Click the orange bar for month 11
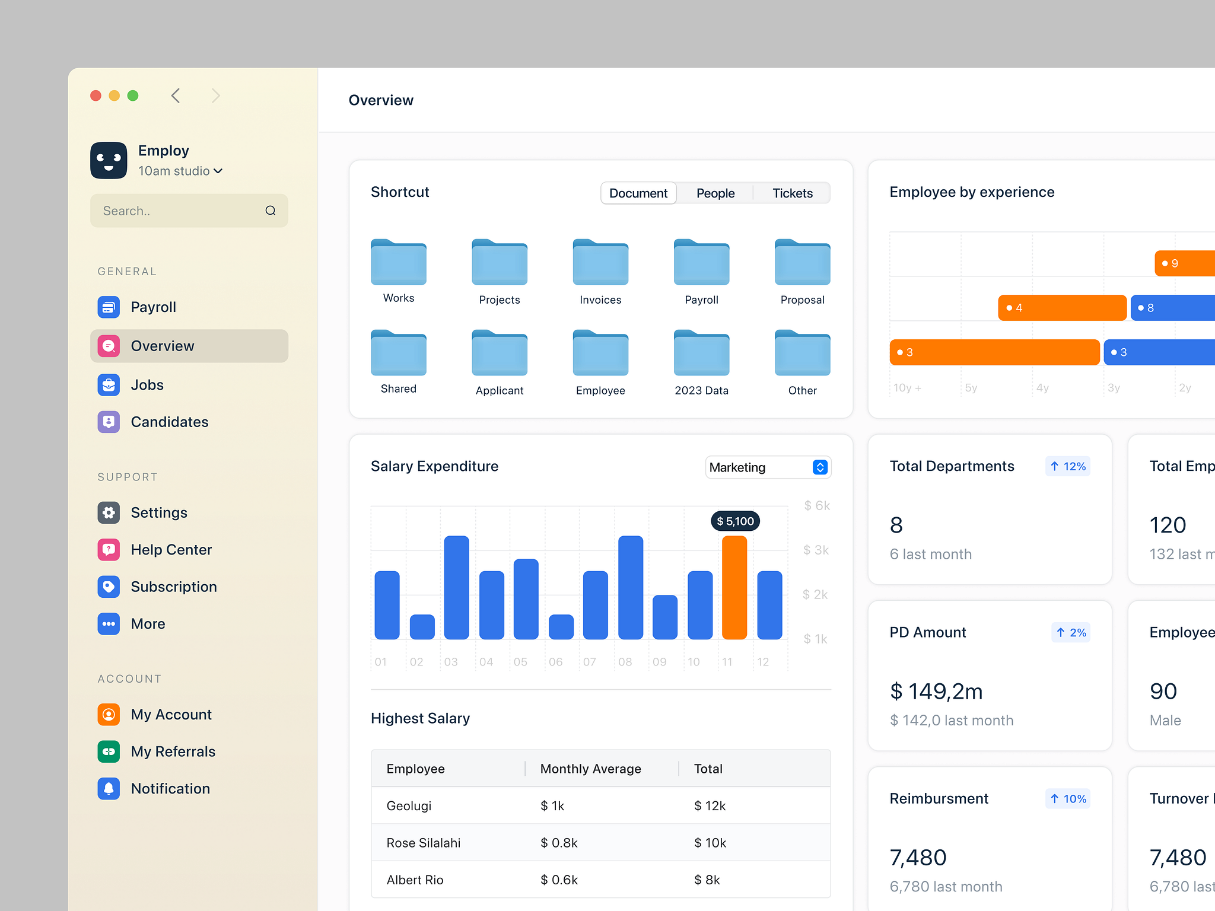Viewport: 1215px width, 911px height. coord(734,587)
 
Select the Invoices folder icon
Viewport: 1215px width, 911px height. coord(600,262)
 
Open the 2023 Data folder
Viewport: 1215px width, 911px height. coord(701,352)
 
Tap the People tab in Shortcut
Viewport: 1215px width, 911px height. coord(715,193)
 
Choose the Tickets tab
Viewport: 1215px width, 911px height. coord(792,193)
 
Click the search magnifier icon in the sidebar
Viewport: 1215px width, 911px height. coord(271,211)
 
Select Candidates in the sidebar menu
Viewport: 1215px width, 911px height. coord(169,422)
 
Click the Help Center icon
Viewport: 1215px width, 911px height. coord(109,549)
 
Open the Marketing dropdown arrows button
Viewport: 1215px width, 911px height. coord(819,467)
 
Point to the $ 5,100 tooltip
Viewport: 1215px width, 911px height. coord(735,521)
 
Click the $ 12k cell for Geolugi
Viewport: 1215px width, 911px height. coord(710,805)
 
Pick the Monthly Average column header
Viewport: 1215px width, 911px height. coord(590,769)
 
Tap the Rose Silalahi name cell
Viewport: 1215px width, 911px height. coord(423,843)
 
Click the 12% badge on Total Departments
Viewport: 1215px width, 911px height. coord(1067,466)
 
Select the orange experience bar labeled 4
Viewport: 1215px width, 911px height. coord(1062,308)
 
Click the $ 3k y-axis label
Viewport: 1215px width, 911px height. coord(816,550)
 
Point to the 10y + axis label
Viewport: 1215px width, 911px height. coord(907,388)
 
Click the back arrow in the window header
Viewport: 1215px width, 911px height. coord(176,95)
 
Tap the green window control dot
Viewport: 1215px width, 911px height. coord(133,95)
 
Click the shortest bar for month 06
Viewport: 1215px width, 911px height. coord(561,626)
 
